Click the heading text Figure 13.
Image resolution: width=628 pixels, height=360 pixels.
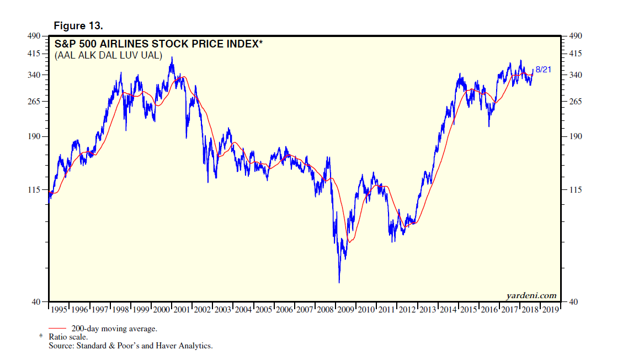[x=78, y=26]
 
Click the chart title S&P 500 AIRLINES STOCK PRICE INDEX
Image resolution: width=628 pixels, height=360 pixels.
[x=157, y=44]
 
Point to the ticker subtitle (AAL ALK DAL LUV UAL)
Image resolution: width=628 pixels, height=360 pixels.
[x=108, y=55]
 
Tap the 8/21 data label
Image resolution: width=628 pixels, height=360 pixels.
[x=544, y=69]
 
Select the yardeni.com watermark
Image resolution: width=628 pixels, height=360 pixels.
[x=531, y=295]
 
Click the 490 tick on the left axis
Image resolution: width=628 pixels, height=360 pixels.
[x=34, y=36]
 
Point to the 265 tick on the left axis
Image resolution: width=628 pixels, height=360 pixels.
[x=34, y=102]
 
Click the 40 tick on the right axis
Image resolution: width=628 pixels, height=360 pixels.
[x=572, y=301]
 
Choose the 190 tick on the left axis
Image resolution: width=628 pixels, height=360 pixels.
[x=34, y=136]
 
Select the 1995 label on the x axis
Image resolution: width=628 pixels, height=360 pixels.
[x=59, y=309]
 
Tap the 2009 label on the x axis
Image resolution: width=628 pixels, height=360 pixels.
[x=345, y=309]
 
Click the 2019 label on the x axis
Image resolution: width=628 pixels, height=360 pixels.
[x=550, y=309]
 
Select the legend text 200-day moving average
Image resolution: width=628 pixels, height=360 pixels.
[x=114, y=329]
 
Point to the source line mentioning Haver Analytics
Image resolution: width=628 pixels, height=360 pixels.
[x=131, y=346]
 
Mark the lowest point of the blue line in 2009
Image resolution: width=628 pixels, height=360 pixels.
[x=339, y=283]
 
